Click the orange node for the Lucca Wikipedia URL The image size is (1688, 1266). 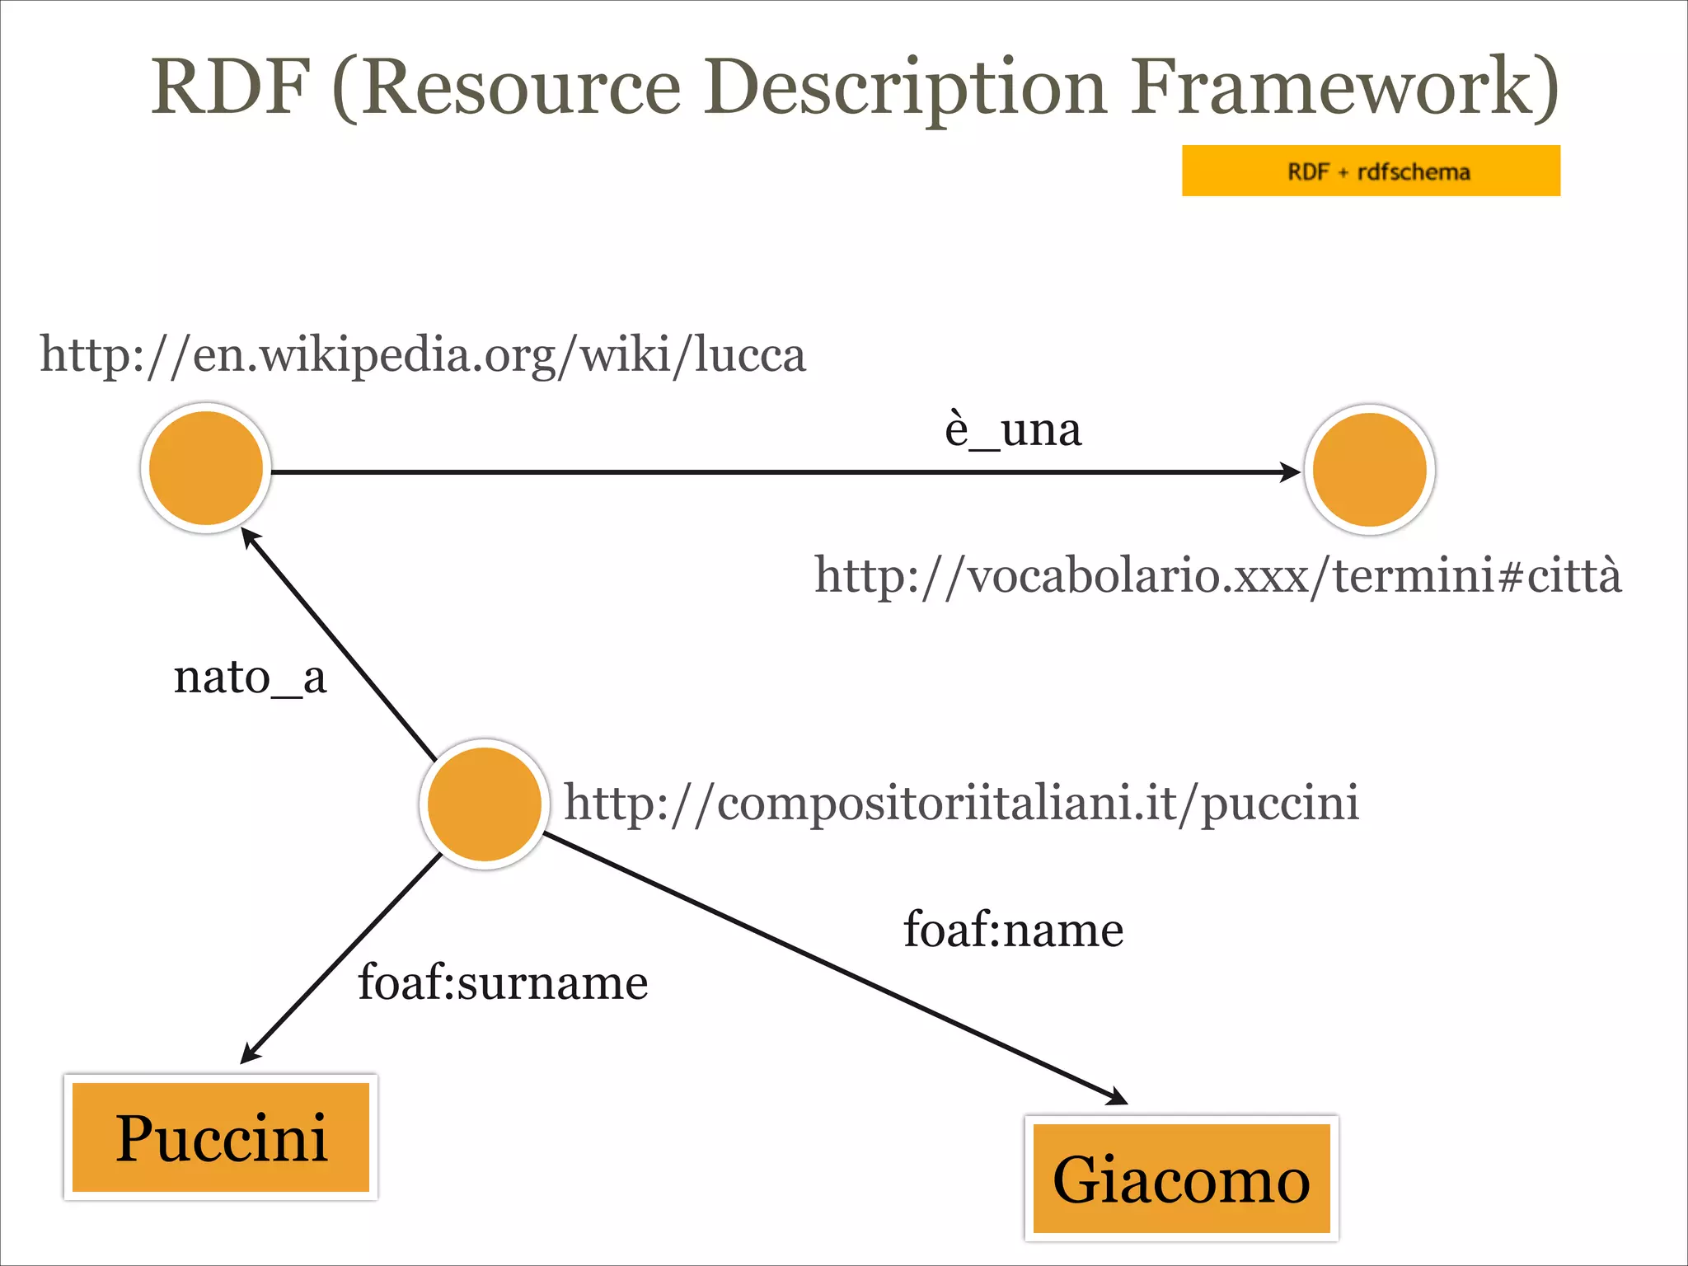pyautogui.click(x=206, y=468)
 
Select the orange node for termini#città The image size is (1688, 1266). pyautogui.click(x=1369, y=470)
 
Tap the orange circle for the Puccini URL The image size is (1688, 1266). pyautogui.click(x=485, y=804)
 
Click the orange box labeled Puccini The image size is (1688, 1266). pyautogui.click(x=221, y=1137)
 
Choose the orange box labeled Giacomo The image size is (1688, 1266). pyautogui.click(x=1181, y=1179)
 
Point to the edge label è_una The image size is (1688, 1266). pyautogui.click(x=1012, y=429)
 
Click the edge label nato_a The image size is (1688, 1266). pyautogui.click(x=250, y=678)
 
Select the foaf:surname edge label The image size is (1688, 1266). pyautogui.click(x=503, y=982)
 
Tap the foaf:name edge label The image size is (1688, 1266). pyautogui.click(x=1013, y=930)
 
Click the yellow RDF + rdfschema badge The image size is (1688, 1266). pyautogui.click(x=1371, y=171)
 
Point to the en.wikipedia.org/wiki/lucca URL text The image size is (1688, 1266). pyautogui.click(x=423, y=355)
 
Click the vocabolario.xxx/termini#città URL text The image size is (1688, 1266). pyautogui.click(x=1217, y=574)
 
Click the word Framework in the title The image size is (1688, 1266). pyautogui.click(x=1343, y=87)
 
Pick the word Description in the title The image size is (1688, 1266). pyautogui.click(x=904, y=87)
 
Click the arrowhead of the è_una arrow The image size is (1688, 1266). pyautogui.click(x=1291, y=472)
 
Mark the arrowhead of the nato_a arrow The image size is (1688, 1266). pyautogui.click(x=249, y=537)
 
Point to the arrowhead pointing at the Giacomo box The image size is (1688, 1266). pyautogui.click(x=1118, y=1097)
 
